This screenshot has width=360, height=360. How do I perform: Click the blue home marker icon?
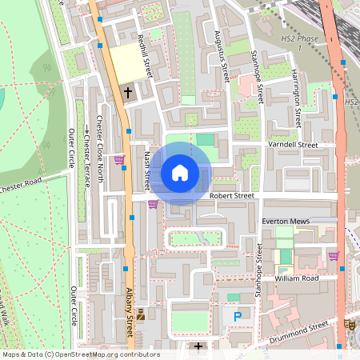180,172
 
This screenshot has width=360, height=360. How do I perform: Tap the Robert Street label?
231,195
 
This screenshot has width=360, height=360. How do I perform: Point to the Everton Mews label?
285,219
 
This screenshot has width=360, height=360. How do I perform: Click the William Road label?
296,278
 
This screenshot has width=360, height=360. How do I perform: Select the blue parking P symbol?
237,318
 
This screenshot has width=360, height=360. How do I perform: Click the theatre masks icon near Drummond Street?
350,324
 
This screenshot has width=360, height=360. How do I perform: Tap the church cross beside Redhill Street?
127,92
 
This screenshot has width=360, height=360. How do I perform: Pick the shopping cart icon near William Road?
334,256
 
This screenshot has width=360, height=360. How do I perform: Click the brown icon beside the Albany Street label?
142,314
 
